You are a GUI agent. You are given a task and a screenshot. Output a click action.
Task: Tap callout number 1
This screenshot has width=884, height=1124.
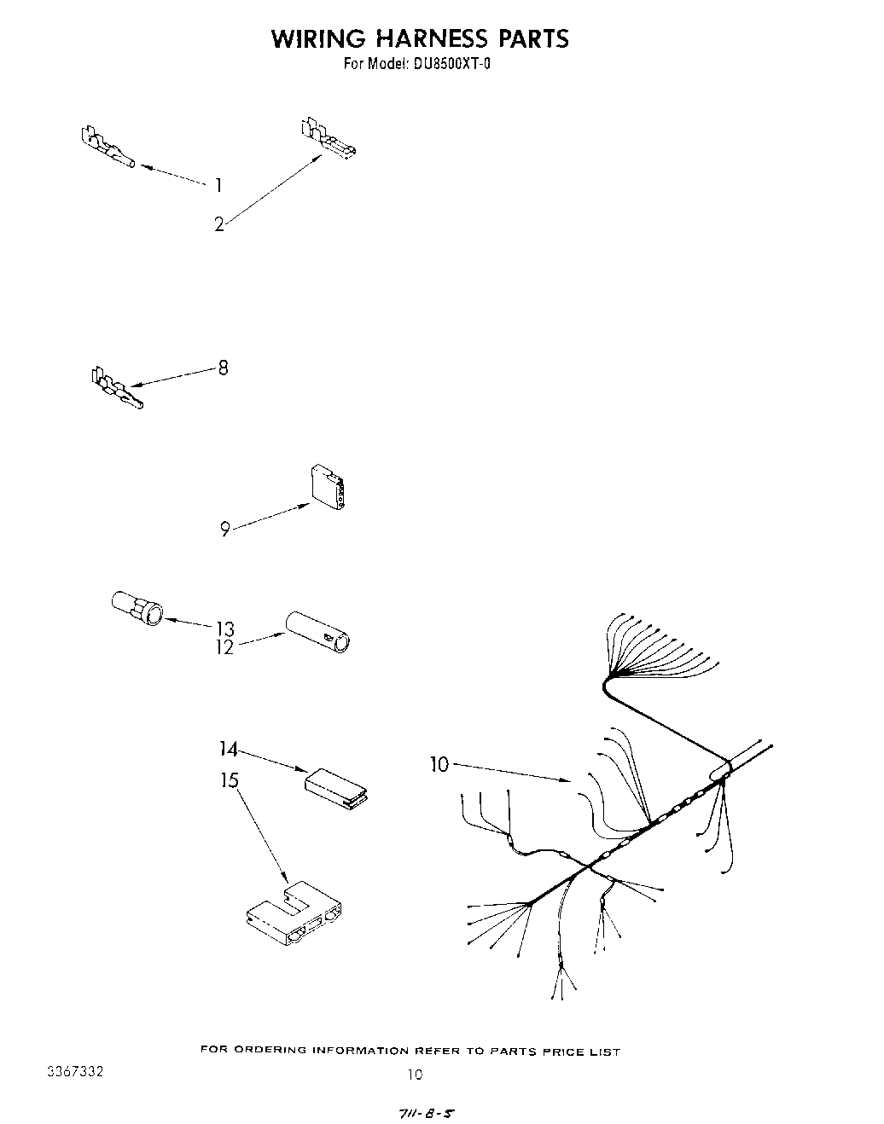coord(218,185)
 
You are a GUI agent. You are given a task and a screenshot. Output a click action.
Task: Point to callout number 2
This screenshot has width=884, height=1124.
coord(219,225)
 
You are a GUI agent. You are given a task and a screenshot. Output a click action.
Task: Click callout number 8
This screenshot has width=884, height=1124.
coord(223,368)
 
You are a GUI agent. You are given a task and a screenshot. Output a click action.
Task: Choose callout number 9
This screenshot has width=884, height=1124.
coord(224,530)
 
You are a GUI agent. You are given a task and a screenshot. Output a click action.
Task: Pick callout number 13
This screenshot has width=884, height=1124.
coord(224,629)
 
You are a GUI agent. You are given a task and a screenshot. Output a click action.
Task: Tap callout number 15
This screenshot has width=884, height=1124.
coord(230,780)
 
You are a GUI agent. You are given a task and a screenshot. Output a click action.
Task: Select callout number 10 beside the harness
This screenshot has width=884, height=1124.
coord(439,765)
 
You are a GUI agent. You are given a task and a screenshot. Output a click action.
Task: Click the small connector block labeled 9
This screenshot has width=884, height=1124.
coord(329,489)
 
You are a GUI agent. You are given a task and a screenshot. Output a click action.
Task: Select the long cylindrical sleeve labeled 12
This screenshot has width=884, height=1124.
coord(320,631)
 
